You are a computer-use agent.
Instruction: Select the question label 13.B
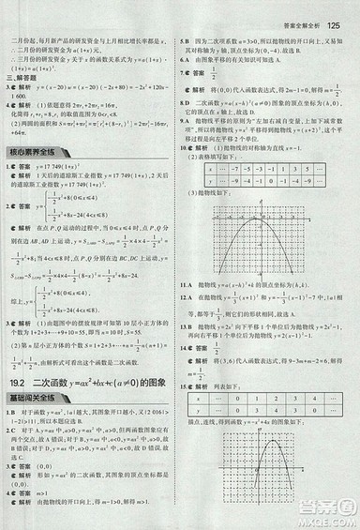click(x=188, y=323)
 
